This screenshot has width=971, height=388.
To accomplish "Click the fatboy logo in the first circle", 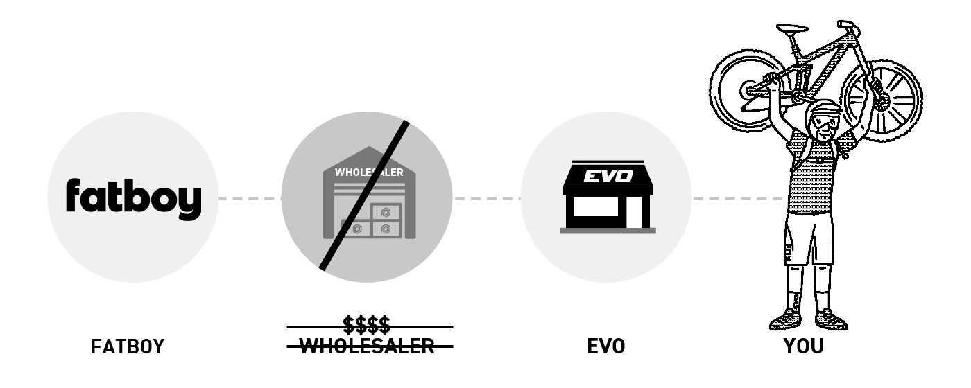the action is tap(133, 200).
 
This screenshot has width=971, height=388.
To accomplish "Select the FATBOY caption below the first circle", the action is tap(128, 346).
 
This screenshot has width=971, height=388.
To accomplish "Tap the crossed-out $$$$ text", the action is tap(367, 325).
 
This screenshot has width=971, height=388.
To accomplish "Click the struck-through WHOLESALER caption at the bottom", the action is tap(367, 346).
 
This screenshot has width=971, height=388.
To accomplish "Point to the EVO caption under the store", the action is tap(606, 346).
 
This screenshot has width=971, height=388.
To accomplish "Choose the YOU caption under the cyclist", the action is tap(804, 346).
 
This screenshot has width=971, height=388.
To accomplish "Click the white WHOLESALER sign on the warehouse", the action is tap(369, 173).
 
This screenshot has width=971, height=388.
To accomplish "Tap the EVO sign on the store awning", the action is tap(608, 176).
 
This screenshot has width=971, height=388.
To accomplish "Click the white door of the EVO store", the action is tap(634, 213).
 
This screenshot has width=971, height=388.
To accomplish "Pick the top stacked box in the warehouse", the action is tap(386, 212).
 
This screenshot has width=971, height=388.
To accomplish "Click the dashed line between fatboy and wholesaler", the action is tap(250, 198).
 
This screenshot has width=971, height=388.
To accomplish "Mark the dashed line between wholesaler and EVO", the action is tap(487, 198).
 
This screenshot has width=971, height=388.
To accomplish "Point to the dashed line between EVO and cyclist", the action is tap(739, 198).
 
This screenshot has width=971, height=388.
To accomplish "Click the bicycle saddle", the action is tap(792, 28).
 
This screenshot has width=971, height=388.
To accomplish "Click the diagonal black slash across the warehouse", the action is tap(364, 195).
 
